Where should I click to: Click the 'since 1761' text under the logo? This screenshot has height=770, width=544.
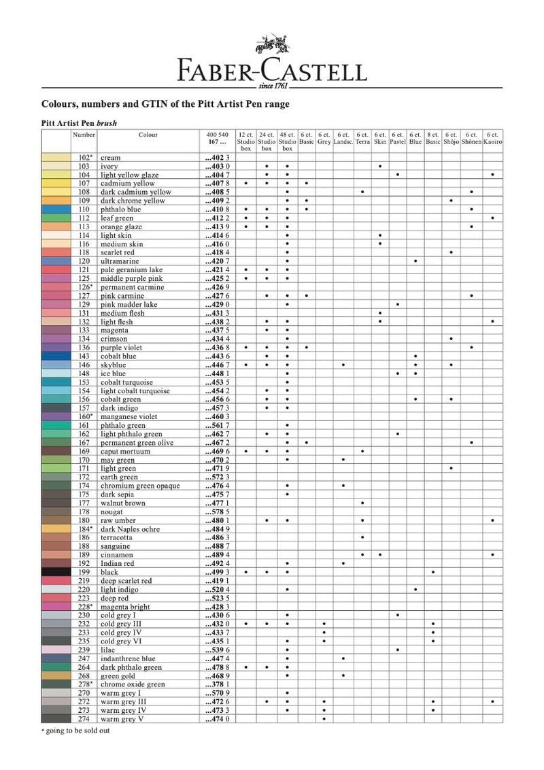[x=272, y=87]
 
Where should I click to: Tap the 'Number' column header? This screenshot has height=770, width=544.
[x=84, y=135]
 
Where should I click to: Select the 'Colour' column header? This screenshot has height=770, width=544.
[x=148, y=135]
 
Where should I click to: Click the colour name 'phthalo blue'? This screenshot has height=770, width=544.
[x=120, y=210]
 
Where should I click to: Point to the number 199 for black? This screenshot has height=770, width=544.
[x=84, y=572]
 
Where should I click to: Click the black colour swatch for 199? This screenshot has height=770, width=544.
[x=56, y=572]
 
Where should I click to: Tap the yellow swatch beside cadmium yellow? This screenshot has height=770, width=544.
[x=56, y=184]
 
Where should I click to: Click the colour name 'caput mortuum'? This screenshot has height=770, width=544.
[x=125, y=451]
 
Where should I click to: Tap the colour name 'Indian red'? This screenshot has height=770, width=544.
[x=118, y=563]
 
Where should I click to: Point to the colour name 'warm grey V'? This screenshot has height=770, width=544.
[x=122, y=719]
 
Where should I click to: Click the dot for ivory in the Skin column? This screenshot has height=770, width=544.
[x=379, y=166]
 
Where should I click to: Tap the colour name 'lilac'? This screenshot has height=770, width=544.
[x=109, y=650]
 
